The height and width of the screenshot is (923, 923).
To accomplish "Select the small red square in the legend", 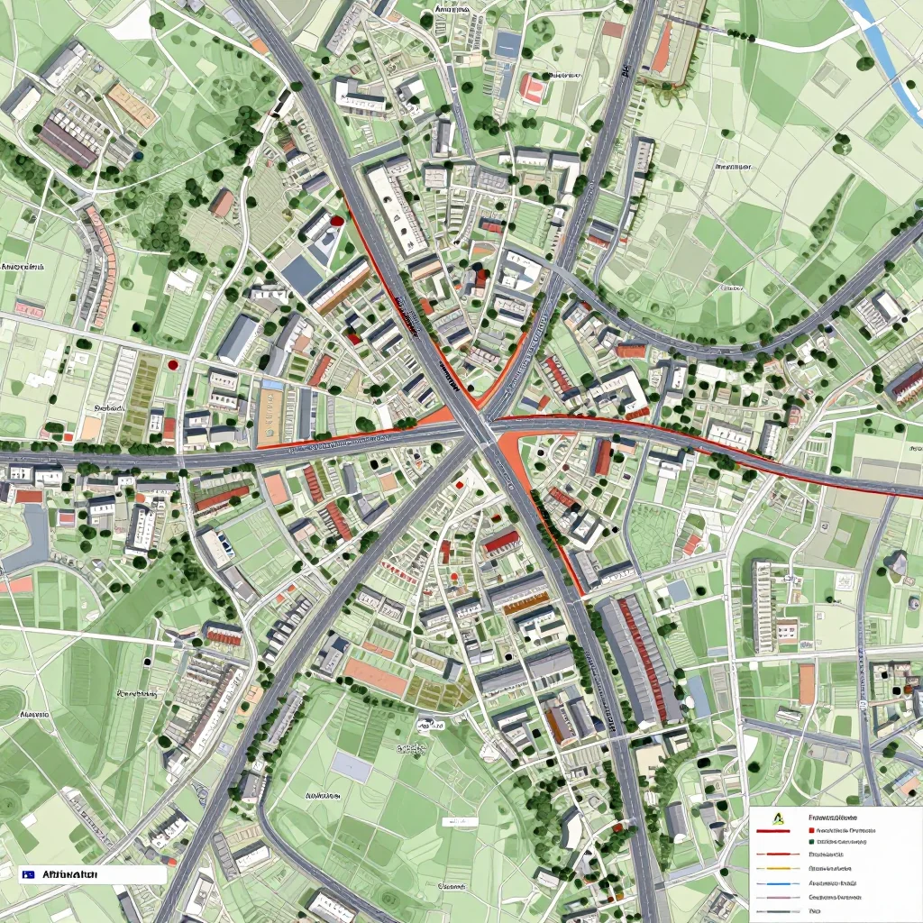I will tap(811, 830).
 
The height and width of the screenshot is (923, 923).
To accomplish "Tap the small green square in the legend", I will tap(811, 842).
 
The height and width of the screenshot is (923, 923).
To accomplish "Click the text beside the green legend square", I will tap(842, 842).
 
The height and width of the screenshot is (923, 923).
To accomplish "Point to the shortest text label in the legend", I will tap(815, 911).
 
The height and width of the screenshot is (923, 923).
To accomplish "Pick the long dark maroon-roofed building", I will tap(68, 142).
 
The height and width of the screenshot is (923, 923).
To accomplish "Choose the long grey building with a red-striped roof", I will tap(639, 659).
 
